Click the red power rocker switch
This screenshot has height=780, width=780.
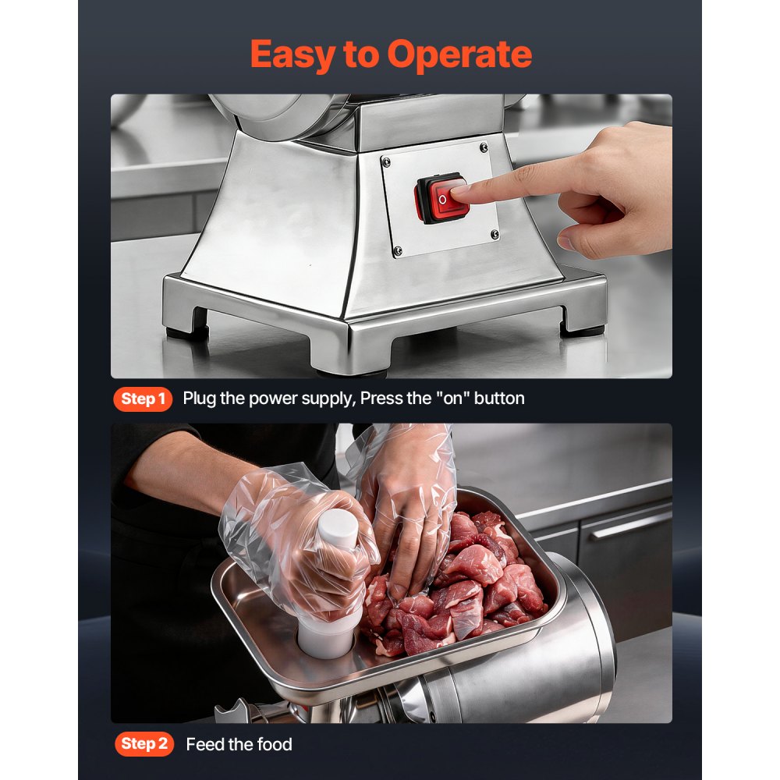(x=441, y=199)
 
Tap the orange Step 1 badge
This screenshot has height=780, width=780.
(x=142, y=399)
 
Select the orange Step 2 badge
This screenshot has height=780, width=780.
(x=145, y=744)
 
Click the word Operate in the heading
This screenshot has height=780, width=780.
(x=459, y=54)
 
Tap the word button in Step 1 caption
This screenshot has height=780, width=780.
(x=499, y=399)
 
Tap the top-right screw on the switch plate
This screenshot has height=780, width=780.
(x=484, y=145)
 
